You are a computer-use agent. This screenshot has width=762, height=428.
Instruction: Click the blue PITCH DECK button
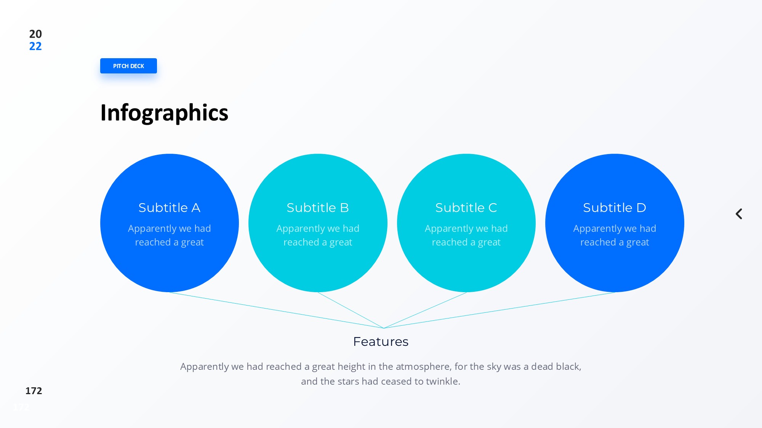pos(128,66)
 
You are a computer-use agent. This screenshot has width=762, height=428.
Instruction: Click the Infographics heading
pos(164,113)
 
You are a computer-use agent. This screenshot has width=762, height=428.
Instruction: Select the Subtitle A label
pos(169,208)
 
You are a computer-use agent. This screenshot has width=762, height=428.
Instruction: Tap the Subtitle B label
pos(318,208)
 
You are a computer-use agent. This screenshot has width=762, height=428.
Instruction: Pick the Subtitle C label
pos(466,208)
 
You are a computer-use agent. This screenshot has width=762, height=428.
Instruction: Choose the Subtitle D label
pos(615,208)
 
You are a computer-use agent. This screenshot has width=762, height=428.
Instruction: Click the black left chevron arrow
pos(739,214)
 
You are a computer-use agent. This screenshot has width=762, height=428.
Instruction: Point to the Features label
pos(381,342)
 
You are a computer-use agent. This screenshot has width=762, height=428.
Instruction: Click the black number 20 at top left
pos(35,34)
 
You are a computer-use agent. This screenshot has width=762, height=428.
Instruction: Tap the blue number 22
pos(35,46)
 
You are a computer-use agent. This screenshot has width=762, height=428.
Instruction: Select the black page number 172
pos(34,391)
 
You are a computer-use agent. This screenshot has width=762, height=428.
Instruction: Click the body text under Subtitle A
pos(169,235)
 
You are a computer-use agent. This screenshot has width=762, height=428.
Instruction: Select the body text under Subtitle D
pos(615,235)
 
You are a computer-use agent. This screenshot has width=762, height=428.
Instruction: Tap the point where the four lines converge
pos(384,328)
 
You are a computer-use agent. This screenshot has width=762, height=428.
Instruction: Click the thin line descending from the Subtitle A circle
pos(277,310)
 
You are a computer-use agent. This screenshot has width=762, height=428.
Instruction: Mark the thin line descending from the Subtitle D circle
pos(499,310)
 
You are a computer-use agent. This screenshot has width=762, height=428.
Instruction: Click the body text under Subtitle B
pos(318,235)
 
